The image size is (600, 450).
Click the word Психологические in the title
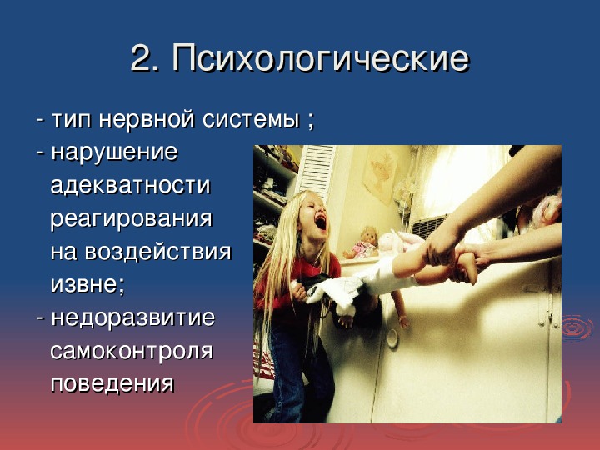click(321, 58)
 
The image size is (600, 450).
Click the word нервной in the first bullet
click(147, 119)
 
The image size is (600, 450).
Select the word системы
click(251, 119)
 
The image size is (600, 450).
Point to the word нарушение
click(115, 152)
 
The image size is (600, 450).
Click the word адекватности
click(131, 185)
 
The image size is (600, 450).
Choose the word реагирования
click(132, 219)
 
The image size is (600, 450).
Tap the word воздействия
click(158, 252)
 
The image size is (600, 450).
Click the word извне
click(85, 285)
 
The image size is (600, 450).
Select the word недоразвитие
click(133, 318)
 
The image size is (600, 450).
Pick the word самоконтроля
click(132, 352)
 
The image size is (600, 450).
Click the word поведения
click(112, 384)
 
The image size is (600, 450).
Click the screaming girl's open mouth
click(320, 222)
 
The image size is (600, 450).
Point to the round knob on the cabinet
click(392, 337)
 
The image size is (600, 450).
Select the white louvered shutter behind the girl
click(316, 172)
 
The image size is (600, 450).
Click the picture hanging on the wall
click(381, 173)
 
